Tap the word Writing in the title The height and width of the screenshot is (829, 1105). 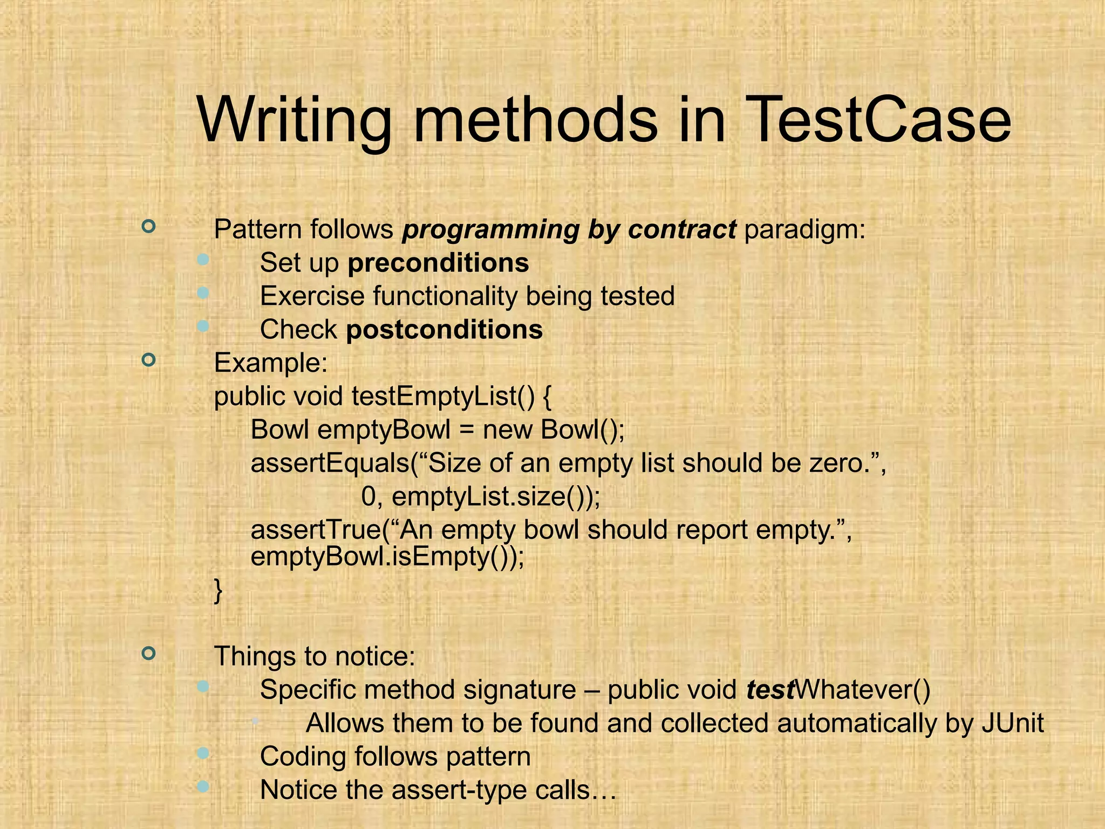294,121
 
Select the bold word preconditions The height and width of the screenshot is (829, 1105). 438,263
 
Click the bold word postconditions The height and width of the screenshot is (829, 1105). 444,330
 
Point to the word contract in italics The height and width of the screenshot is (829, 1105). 681,229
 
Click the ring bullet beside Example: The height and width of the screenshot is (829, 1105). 148,359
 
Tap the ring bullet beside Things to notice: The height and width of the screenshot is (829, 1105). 148,654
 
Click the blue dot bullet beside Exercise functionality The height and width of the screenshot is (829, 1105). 203,293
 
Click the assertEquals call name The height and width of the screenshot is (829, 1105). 330,463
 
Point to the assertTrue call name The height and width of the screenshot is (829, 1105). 315,530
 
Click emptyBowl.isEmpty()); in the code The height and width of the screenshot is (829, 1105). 387,556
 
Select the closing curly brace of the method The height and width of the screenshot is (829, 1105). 218,591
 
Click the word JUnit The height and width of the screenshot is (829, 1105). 1012,723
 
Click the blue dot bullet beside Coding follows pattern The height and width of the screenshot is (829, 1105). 203,753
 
